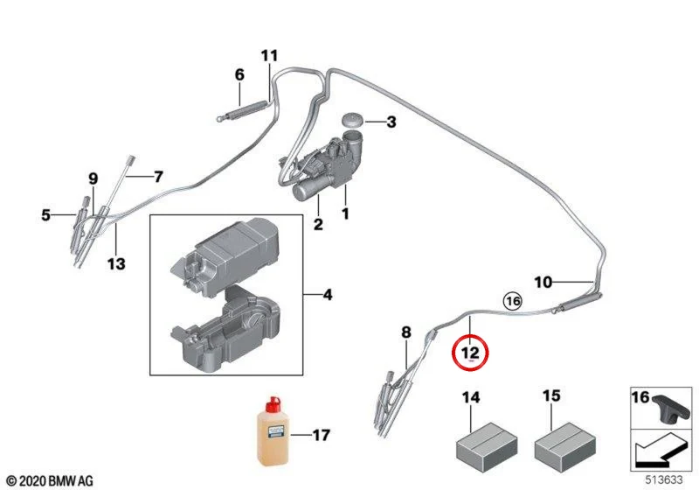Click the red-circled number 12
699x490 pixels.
coord(470,353)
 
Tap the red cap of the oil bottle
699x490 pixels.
coord(272,405)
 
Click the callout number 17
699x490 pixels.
coord(321,435)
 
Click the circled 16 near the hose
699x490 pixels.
coord(512,301)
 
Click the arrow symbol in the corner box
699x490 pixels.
coord(661,451)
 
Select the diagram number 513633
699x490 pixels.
coord(664,479)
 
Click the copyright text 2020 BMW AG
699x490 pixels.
coord(51,480)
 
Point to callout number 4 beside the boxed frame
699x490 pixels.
coord(327,295)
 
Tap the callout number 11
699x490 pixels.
coord(269,56)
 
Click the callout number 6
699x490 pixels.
coord(239,74)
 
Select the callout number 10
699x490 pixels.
coord(543,282)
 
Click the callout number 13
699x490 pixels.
coord(116,263)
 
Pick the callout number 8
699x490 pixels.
coord(405,332)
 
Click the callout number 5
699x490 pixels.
coord(46,215)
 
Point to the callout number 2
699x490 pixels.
coord(318,224)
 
